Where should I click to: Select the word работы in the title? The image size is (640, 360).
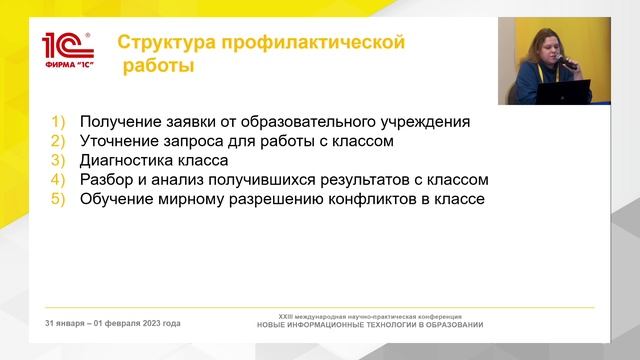(x=158, y=67)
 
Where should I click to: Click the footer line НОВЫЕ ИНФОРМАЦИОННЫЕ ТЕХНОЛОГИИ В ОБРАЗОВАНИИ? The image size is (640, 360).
(x=370, y=325)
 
